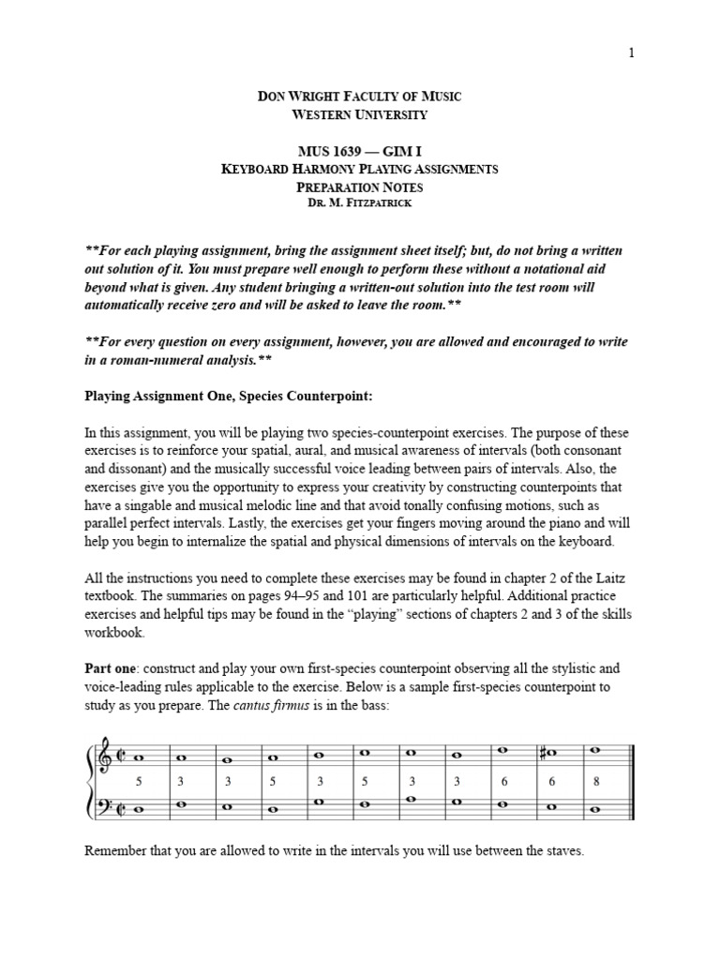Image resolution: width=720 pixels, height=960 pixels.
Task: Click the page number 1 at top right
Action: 631,53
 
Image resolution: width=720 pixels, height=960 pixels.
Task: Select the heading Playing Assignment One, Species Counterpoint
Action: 229,397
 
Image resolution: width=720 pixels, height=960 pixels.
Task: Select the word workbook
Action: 114,633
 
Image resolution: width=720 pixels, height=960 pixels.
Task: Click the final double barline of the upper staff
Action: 634,757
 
